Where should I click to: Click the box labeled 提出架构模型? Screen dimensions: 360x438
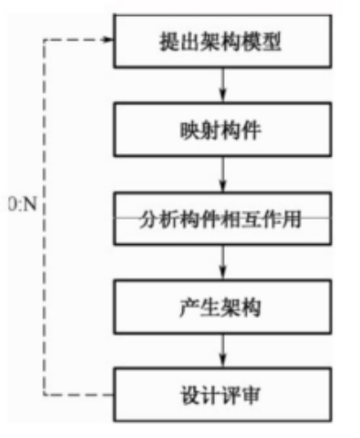coord(223,42)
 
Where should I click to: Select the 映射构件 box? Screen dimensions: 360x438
coord(223,129)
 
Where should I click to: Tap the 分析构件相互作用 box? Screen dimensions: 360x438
coord(223,219)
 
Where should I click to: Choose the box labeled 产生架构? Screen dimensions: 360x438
coord(223,307)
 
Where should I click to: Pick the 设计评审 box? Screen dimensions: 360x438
coord(223,395)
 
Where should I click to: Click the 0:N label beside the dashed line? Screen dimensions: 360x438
coord(23,204)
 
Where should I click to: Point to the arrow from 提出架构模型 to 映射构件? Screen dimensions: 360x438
coord(223,85)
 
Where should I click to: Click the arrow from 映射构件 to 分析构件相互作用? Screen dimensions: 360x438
coord(223,174)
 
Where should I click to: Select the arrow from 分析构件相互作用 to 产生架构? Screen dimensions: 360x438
coord(223,263)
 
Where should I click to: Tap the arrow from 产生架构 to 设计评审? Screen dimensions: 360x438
coord(223,351)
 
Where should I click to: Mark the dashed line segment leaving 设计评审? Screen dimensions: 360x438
coord(79,395)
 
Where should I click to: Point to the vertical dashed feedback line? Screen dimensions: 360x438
coord(44,217)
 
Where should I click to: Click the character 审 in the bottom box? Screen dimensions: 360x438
coord(250,396)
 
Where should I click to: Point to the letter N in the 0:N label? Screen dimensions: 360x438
coord(29,204)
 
